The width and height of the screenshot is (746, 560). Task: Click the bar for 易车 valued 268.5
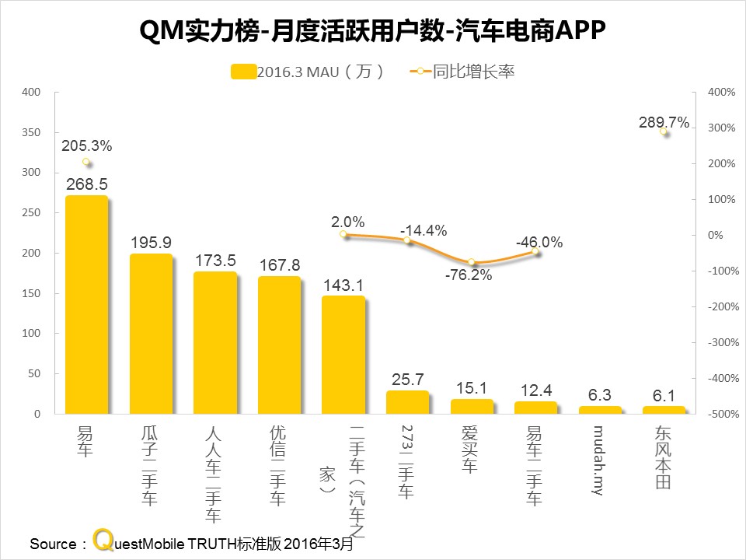point(86,305)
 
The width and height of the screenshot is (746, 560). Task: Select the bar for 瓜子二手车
point(151,334)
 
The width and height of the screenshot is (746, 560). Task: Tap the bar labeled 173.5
point(215,343)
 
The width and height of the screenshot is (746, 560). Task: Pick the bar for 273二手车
point(407,403)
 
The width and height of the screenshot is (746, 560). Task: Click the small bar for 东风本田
point(664,410)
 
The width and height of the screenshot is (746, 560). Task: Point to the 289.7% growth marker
point(664,132)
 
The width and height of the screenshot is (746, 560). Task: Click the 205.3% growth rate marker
point(86,163)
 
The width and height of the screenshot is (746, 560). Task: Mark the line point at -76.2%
point(471,262)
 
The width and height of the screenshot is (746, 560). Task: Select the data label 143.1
point(343,285)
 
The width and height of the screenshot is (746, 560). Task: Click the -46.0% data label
point(539,243)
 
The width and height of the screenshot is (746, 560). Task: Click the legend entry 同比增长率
point(462,72)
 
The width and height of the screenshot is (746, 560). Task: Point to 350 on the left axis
point(31,132)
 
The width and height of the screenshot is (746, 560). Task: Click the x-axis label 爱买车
point(471,449)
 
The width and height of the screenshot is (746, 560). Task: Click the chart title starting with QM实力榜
point(372,32)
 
